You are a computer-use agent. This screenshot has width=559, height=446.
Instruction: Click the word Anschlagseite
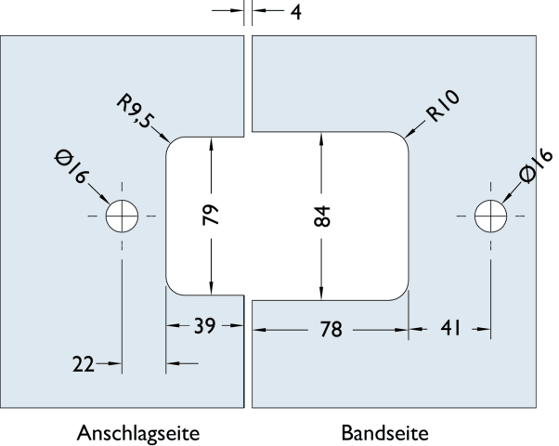[x=137, y=433]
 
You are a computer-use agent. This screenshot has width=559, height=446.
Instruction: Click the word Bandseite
[x=385, y=433]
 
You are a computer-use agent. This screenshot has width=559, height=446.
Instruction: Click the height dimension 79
[x=211, y=216]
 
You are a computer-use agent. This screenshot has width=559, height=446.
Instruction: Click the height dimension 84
[x=321, y=216]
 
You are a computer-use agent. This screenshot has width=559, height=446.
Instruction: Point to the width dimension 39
[x=204, y=327]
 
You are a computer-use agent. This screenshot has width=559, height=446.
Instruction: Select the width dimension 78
[x=331, y=329]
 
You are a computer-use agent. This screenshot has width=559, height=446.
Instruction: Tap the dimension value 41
[x=449, y=327]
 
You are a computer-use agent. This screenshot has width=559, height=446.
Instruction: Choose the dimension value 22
[x=84, y=363]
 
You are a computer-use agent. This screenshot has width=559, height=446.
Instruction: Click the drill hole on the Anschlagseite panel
[x=121, y=216]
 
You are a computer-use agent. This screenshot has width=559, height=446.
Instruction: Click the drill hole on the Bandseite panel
[x=489, y=216]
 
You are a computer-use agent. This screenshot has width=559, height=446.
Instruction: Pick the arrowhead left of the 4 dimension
[x=243, y=13]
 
